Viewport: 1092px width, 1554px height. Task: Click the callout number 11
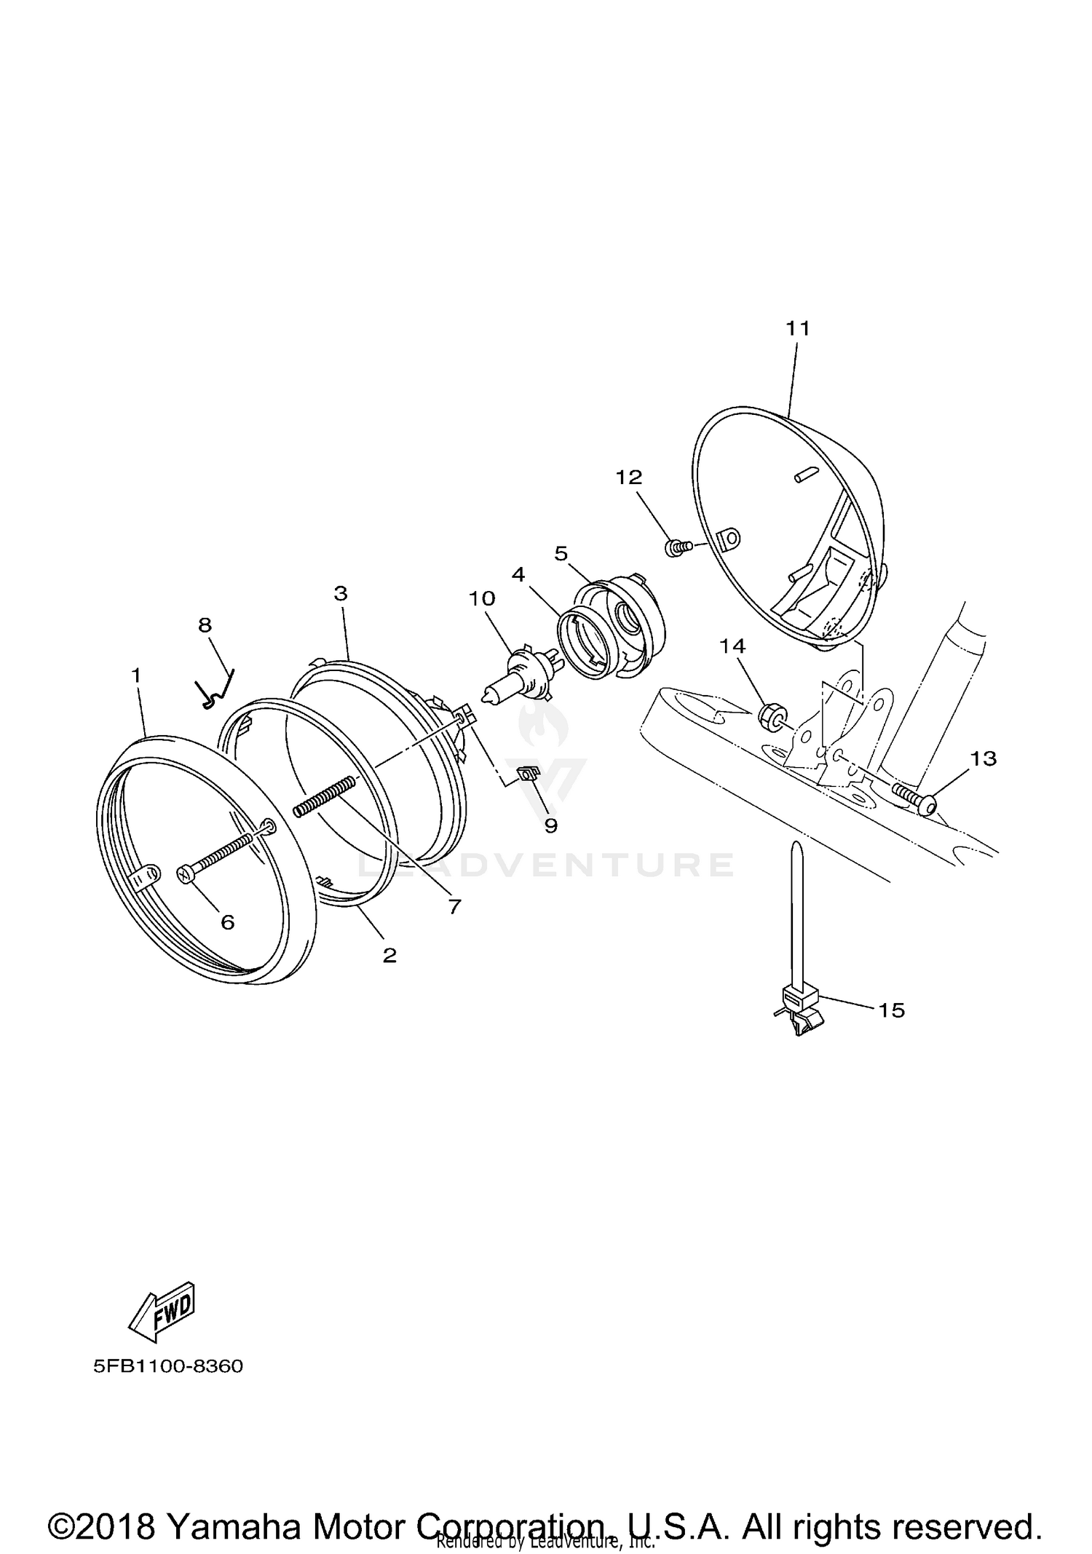[x=798, y=329]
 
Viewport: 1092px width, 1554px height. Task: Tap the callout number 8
[x=205, y=625]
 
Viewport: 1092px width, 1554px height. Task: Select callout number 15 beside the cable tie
[x=892, y=1010]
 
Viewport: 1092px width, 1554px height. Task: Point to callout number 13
[x=983, y=758]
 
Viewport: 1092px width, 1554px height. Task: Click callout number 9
[x=550, y=825]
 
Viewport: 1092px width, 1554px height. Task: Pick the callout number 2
[x=389, y=955]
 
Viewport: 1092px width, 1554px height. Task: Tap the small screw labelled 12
[x=675, y=546]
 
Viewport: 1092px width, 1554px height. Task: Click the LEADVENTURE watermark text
[x=546, y=865]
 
